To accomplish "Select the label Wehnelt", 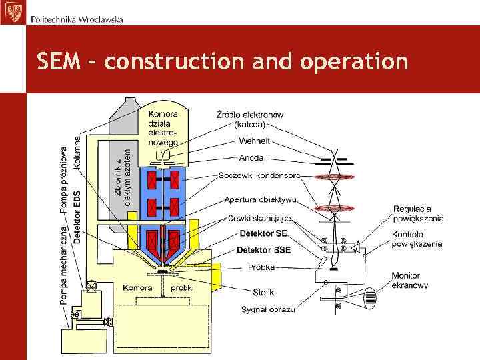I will [x=255, y=141].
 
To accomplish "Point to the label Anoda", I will [x=251, y=158].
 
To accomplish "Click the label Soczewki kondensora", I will [x=259, y=175].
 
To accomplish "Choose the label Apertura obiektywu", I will [x=261, y=199].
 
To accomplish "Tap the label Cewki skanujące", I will [x=259, y=218].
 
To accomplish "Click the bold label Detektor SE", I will [x=263, y=233].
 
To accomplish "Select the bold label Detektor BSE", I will [x=264, y=250].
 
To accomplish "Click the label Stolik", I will [x=263, y=292].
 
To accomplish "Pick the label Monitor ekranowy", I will [x=410, y=280].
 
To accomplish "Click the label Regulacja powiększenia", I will [x=418, y=213].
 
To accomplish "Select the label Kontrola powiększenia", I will [x=417, y=239].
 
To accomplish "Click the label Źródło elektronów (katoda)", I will [x=250, y=119].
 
